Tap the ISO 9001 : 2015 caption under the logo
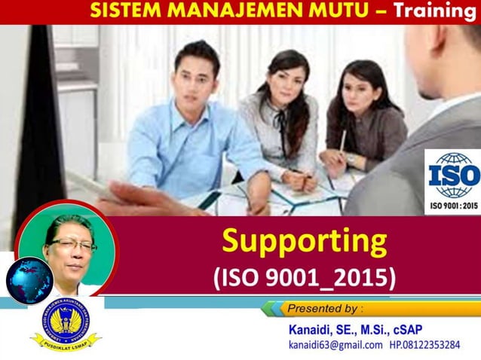tap(453, 206)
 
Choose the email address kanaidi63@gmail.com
tap(335, 346)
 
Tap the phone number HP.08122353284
tap(424, 346)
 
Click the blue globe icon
tap(29, 279)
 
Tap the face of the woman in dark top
tap(354, 85)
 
